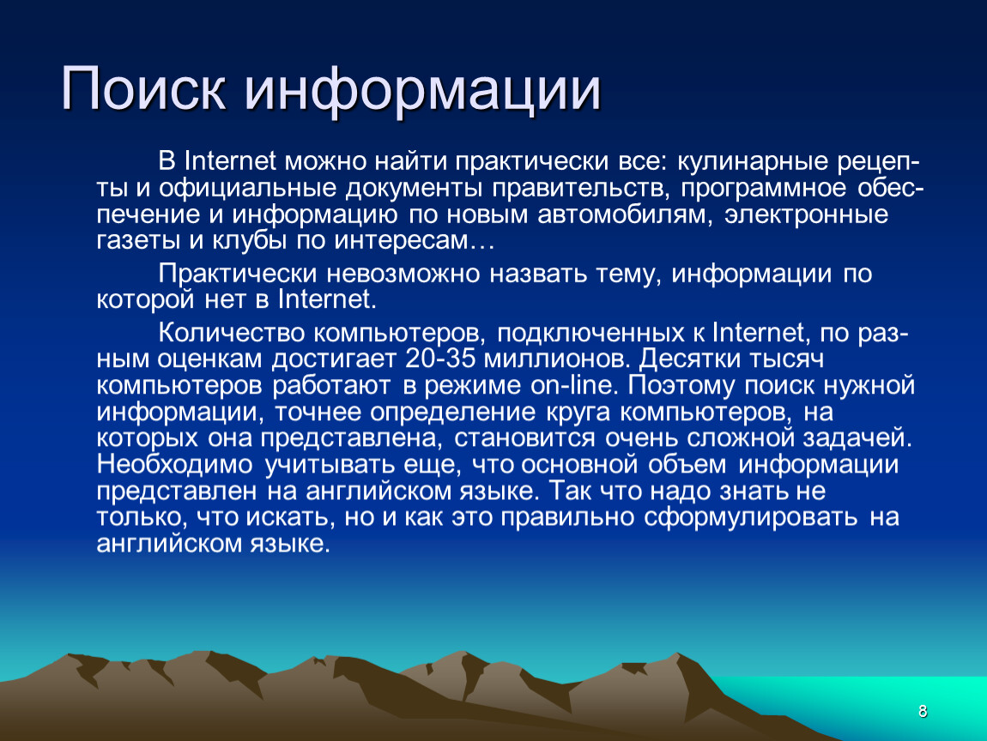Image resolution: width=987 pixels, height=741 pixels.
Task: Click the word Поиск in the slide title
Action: click(x=142, y=89)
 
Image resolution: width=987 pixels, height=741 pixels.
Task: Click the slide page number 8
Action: click(x=922, y=712)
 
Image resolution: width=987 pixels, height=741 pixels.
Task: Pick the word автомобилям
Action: click(x=625, y=215)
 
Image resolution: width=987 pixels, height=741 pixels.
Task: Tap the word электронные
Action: click(x=807, y=215)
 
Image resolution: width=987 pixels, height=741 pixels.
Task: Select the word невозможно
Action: click(x=403, y=274)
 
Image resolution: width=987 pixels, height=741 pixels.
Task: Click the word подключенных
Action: click(x=591, y=334)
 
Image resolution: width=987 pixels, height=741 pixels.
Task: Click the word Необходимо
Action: click(x=174, y=465)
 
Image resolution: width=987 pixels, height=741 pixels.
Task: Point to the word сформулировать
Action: click(x=750, y=518)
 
